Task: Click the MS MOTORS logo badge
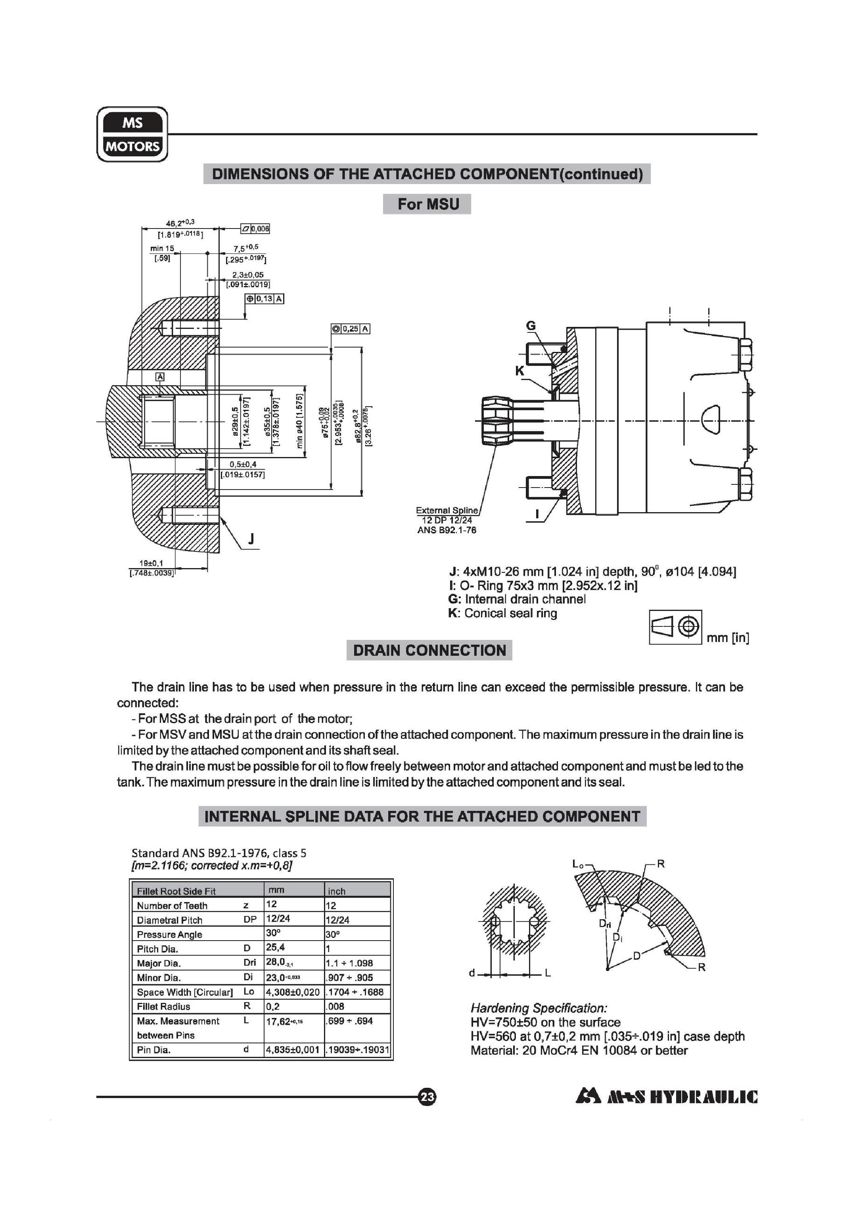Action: [132, 134]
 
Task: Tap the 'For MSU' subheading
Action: [427, 204]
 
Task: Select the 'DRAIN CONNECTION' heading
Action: [429, 651]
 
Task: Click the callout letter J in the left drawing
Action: [251, 539]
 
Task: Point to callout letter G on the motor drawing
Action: [531, 326]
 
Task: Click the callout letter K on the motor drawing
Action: [519, 371]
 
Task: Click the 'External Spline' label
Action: [447, 510]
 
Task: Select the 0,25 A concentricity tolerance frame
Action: [351, 329]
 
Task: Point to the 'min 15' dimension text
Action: [162, 248]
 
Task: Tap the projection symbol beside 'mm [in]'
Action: [675, 626]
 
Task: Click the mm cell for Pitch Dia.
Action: [293, 949]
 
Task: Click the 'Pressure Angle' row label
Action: [170, 934]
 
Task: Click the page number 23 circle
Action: [427, 1097]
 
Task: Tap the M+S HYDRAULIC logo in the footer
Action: [667, 1097]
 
